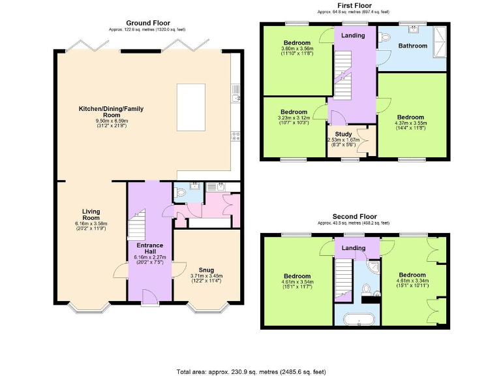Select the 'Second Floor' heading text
354,216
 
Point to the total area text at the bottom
250,371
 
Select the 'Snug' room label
206,269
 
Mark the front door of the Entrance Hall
149,297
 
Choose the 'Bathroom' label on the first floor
413,46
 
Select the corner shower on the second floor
372,268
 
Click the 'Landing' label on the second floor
354,248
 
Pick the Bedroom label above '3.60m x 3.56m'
297,42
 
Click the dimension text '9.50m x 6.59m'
112,120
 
